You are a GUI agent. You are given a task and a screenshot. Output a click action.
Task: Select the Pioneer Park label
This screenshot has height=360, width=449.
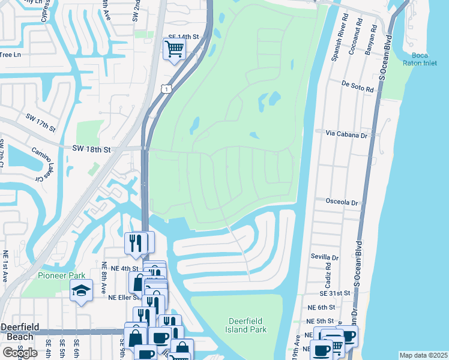58,275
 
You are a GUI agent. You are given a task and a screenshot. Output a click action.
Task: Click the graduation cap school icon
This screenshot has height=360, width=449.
81,291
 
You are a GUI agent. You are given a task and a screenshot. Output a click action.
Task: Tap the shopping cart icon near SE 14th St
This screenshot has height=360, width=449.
174,49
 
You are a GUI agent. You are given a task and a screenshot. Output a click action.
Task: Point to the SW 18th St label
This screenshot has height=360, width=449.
92,148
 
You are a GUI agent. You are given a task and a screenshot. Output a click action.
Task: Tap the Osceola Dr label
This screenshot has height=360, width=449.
341,202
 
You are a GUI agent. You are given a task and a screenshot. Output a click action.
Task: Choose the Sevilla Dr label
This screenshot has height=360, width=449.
325,257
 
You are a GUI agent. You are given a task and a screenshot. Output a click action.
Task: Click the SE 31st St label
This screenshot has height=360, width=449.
335,293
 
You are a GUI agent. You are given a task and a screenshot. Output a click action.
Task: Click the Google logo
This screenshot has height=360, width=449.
20,352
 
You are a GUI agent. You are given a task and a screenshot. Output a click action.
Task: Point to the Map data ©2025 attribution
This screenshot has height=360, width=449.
423,355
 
